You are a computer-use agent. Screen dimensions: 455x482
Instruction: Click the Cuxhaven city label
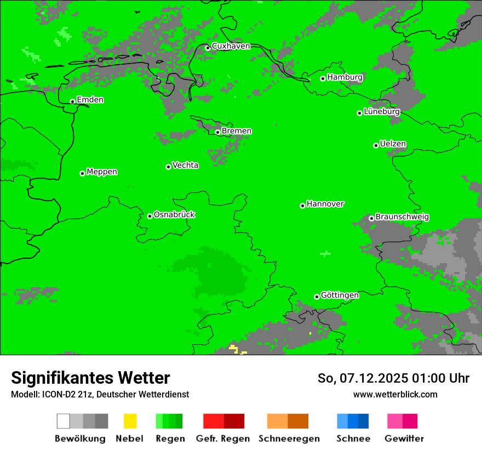231,46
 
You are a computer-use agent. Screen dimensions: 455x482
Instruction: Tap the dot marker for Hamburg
323,78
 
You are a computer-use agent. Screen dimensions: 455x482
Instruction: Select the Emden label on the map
90,100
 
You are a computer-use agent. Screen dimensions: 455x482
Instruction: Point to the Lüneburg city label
381,111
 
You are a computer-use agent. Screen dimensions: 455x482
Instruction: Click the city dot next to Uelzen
376,145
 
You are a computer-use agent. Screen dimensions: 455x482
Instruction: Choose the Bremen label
237,131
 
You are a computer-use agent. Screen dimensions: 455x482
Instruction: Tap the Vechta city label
185,165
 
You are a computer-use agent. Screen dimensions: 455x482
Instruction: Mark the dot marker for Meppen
82,173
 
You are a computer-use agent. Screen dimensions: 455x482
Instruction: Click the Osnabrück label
174,214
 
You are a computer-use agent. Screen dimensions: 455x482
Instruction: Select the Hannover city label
325,204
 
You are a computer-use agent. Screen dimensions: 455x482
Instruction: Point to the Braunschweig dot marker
371,218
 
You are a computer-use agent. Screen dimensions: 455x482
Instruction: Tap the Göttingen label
340,295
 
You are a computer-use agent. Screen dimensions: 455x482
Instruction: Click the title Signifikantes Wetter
90,378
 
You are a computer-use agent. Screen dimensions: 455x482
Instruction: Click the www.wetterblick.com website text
395,394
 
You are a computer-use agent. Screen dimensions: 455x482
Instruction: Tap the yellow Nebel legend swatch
130,421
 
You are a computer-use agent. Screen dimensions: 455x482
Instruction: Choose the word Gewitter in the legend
404,439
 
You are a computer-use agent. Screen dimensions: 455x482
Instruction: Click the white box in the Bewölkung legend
63,421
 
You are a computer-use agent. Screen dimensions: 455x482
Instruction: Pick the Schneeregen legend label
289,439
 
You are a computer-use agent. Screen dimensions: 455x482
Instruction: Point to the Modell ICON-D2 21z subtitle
100,394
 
